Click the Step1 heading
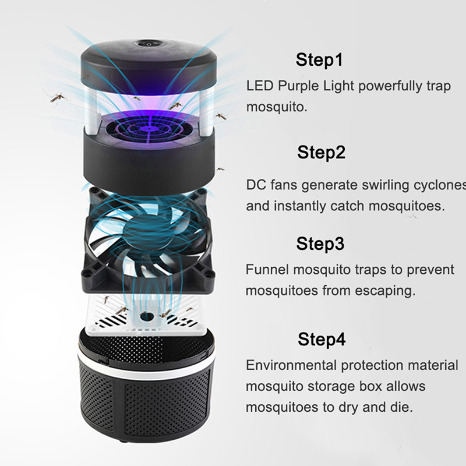tap(319, 60)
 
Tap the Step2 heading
tap(322, 152)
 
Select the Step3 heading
tap(320, 243)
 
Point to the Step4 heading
tap(322, 339)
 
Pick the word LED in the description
tap(259, 86)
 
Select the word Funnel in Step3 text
tap(267, 270)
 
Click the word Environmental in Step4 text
tap(291, 366)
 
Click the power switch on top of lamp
tap(149, 44)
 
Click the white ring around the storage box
tap(146, 366)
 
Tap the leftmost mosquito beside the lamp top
tap(57, 97)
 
